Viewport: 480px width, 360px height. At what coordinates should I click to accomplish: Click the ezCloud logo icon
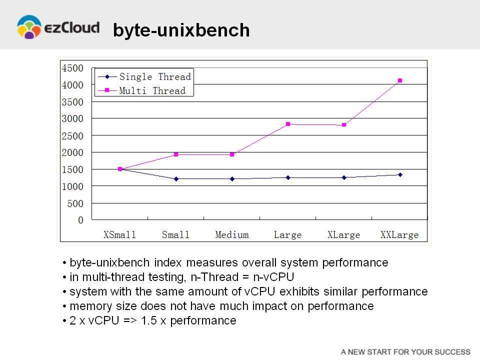pyautogui.click(x=29, y=27)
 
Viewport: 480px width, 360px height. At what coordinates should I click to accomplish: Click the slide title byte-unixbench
pyautogui.click(x=181, y=30)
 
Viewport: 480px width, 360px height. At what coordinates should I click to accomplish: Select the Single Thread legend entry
pyautogui.click(x=144, y=76)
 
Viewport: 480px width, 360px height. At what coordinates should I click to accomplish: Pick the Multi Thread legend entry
pyautogui.click(x=141, y=90)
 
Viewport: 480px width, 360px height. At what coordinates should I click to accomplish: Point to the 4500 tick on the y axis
pyautogui.click(x=72, y=68)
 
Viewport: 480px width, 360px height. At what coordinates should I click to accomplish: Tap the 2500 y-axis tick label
pyautogui.click(x=72, y=136)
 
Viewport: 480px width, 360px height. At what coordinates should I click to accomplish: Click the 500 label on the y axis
pyautogui.click(x=75, y=203)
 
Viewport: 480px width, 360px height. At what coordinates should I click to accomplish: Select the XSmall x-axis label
pyautogui.click(x=119, y=235)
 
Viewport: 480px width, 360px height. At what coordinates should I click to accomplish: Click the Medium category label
pyautogui.click(x=231, y=235)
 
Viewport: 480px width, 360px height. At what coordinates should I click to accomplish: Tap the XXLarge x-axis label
pyautogui.click(x=399, y=235)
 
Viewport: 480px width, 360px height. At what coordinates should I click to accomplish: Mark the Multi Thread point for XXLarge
pyautogui.click(x=400, y=80)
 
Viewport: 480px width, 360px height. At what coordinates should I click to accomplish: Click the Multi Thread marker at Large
pyautogui.click(x=288, y=124)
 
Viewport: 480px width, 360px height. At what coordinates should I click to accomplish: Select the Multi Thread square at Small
pyautogui.click(x=176, y=154)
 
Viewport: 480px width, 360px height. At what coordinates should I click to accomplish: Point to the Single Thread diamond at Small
pyautogui.click(x=176, y=179)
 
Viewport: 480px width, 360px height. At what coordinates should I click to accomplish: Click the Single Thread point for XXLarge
pyautogui.click(x=400, y=175)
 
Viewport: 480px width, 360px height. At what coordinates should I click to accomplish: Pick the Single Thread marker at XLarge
pyautogui.click(x=344, y=177)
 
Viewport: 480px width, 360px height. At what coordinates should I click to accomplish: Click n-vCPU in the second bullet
pyautogui.click(x=273, y=277)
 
